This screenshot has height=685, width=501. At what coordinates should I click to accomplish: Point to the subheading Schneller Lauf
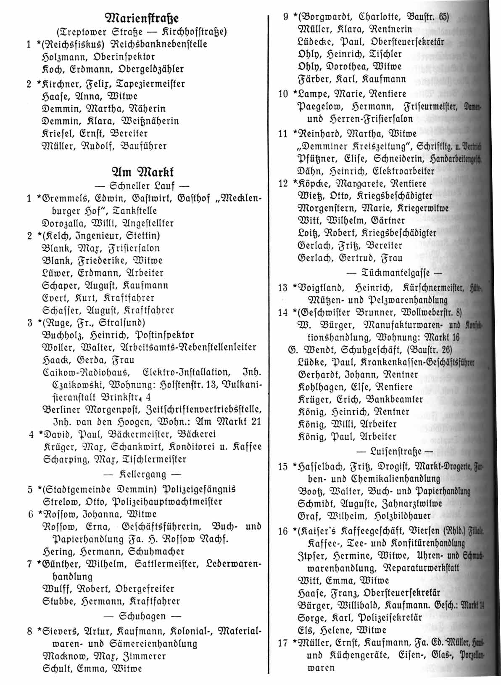tap(142, 186)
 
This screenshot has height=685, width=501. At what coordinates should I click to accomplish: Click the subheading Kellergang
tap(142, 474)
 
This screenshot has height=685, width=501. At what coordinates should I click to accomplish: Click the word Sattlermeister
tap(169, 564)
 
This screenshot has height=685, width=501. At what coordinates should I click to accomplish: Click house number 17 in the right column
tap(282, 643)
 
